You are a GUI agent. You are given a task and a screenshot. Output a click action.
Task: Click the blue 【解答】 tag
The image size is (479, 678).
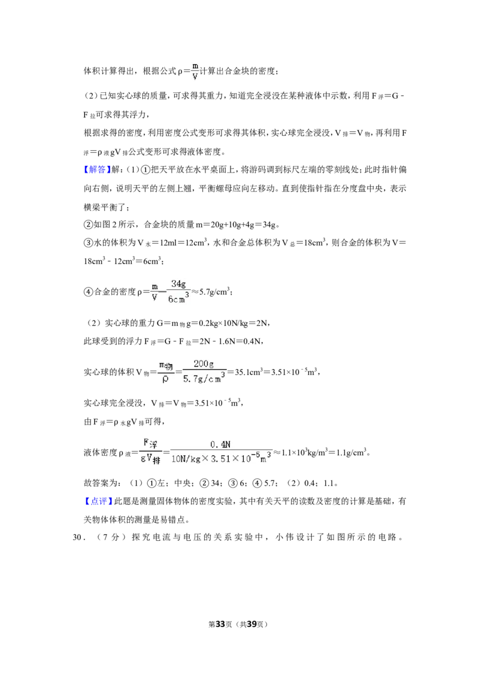97,169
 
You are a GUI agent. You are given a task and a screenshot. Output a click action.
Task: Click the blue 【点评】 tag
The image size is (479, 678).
97,501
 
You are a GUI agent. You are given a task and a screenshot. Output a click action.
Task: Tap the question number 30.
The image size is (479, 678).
77,537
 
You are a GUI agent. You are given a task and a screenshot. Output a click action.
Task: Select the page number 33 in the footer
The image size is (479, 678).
220,624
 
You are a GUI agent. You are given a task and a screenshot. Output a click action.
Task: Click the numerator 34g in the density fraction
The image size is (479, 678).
178,284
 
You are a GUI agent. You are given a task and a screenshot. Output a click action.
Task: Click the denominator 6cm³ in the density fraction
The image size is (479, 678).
178,298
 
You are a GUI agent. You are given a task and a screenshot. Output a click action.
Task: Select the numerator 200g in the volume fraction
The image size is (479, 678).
204,364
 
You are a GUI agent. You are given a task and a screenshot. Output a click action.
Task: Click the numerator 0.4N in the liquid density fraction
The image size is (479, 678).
220,444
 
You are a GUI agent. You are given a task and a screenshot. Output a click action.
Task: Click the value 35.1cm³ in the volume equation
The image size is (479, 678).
248,372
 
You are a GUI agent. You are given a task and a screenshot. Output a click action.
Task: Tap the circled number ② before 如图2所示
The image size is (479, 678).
88,225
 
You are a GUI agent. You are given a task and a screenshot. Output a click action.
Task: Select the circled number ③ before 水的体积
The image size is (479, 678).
88,243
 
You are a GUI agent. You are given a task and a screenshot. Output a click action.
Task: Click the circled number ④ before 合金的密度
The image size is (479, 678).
88,292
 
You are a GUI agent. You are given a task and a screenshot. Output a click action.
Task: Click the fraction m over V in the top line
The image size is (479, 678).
195,71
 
